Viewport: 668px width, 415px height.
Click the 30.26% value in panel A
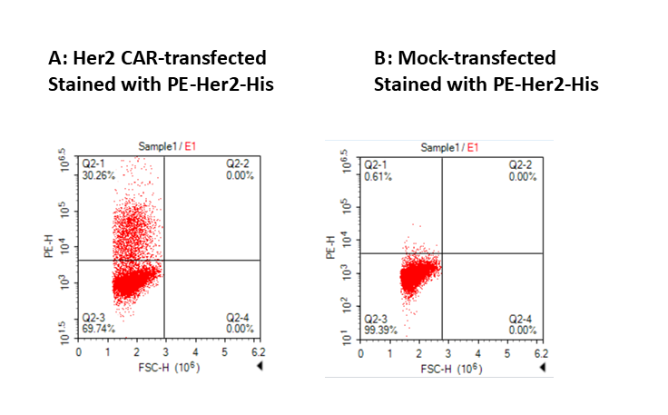point(99,175)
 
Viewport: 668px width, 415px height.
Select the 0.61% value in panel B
point(378,176)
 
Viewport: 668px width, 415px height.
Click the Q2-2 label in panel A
point(240,164)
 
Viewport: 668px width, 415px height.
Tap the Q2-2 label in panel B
point(521,165)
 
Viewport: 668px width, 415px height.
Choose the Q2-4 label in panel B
point(521,319)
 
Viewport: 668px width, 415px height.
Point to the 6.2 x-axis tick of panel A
point(259,351)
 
